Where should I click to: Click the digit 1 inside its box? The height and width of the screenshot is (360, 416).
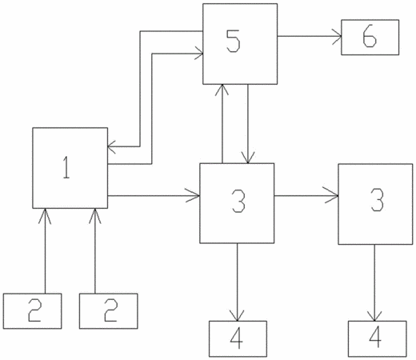[x=66, y=167]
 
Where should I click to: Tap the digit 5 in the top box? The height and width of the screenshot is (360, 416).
[x=233, y=41]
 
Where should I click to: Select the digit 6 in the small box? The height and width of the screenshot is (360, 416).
[x=370, y=37]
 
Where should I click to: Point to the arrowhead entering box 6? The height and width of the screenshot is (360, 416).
[x=337, y=36]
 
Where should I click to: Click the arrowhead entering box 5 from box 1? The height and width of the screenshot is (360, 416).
[x=199, y=54]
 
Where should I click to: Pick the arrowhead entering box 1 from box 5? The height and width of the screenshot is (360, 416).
[x=112, y=146]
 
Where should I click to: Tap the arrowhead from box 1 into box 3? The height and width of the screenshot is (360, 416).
[x=193, y=196]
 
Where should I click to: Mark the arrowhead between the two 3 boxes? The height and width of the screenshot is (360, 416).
[x=331, y=196]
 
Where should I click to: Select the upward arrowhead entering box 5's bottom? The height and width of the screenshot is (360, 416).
[x=222, y=90]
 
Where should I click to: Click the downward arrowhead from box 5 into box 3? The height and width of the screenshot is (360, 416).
[x=248, y=158]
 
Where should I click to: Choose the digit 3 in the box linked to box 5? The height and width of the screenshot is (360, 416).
[x=238, y=201]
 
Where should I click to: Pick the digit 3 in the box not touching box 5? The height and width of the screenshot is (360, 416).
[x=377, y=200]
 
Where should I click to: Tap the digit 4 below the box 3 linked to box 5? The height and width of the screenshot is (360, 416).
[x=237, y=338]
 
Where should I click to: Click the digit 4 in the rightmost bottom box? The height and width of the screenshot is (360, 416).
[x=375, y=337]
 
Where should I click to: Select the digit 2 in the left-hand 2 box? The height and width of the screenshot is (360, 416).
[x=34, y=310]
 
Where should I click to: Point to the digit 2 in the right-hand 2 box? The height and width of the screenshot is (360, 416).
[x=110, y=310]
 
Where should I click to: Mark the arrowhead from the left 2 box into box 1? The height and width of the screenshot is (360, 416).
[x=45, y=216]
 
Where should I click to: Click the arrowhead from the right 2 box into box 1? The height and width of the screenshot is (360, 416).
[x=95, y=216]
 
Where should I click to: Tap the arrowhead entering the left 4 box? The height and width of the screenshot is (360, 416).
[x=237, y=316]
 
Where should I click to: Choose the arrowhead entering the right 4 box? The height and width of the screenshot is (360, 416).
[x=374, y=316]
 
